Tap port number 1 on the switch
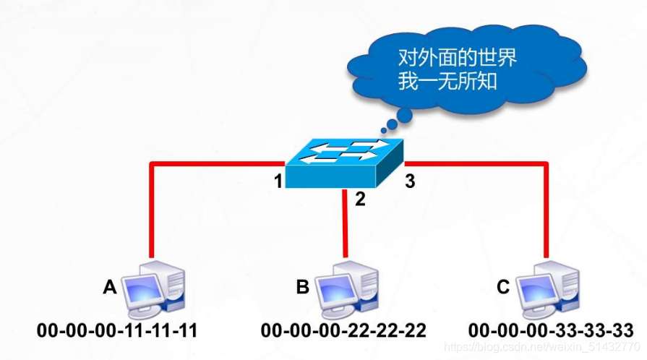278,181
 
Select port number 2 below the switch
360,198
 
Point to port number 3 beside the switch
410,181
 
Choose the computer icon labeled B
347,290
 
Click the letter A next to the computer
110,288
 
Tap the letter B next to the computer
302,288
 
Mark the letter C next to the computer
503,288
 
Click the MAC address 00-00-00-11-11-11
118,331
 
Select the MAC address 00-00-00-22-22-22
343,331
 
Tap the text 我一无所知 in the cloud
447,80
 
